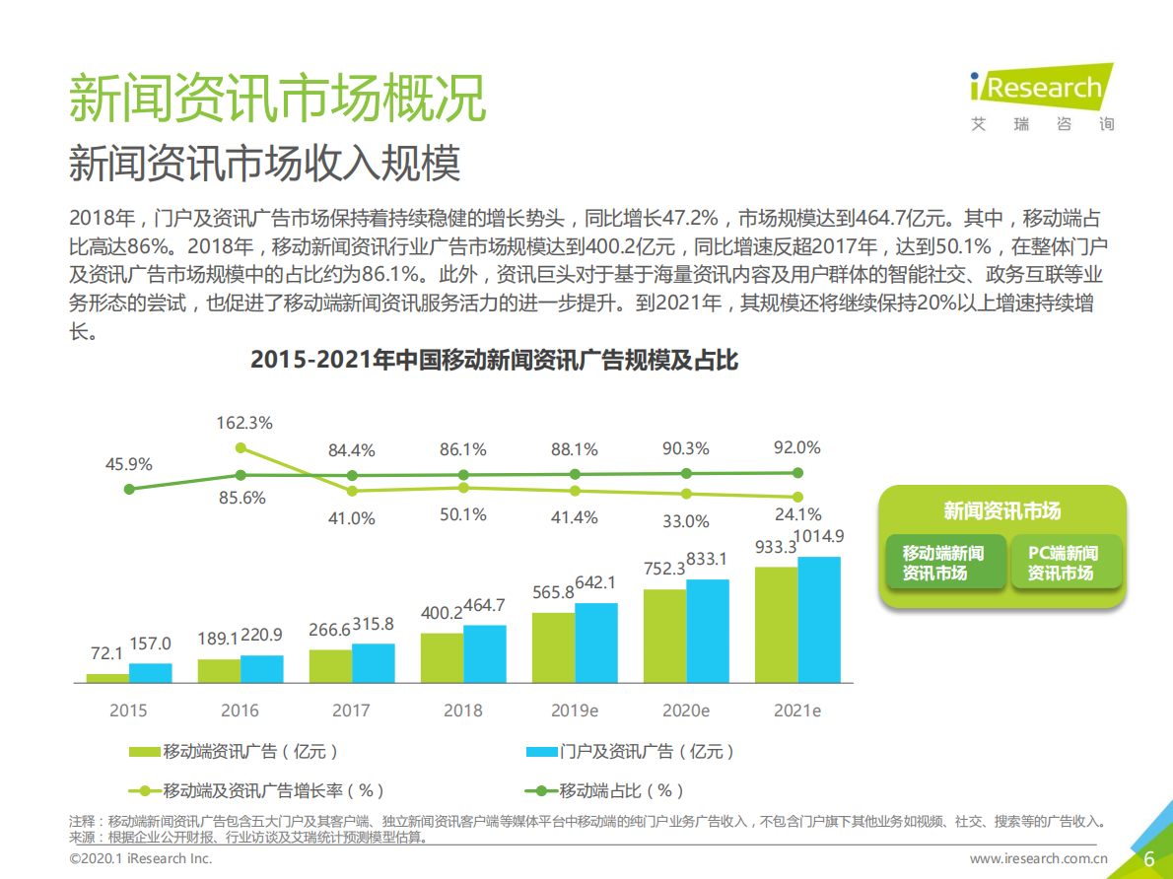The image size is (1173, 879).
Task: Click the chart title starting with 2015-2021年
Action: (494, 361)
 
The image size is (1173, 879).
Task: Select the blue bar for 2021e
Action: (819, 620)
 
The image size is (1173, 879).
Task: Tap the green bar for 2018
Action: (442, 657)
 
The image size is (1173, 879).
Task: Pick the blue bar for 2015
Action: (150, 673)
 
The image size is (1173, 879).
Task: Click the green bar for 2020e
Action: (664, 636)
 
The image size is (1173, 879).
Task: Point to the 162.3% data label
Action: (244, 423)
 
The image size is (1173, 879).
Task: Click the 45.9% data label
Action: (128, 464)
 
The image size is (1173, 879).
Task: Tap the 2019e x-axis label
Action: (575, 710)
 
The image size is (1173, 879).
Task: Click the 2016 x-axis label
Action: (240, 710)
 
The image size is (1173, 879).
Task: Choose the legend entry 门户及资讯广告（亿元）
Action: (631, 752)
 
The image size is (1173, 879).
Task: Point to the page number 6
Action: (1148, 858)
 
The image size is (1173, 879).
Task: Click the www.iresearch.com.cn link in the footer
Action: (1039, 858)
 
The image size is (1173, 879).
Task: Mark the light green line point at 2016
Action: (240, 448)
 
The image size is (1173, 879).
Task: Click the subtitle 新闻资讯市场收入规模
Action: (264, 164)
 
